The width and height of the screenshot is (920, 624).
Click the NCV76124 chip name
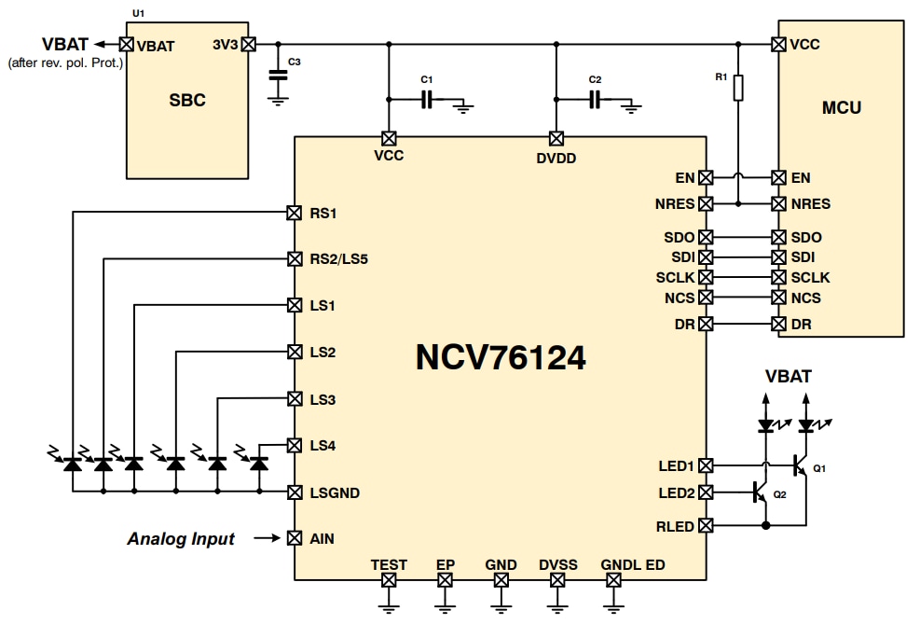501,356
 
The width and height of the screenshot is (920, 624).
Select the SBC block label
187,101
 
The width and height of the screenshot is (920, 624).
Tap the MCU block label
841,107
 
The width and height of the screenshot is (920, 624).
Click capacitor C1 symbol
427,99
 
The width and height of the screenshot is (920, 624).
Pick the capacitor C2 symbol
595,99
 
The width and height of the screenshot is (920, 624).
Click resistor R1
737,88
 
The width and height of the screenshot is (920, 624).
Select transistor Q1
799,463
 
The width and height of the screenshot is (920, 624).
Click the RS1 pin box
295,213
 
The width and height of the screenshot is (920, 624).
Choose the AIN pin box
295,538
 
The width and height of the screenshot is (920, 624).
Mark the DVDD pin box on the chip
556,138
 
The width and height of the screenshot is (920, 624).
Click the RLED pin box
706,526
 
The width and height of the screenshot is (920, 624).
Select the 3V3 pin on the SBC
248,44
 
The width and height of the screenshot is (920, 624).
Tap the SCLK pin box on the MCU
778,277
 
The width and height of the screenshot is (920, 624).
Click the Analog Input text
181,539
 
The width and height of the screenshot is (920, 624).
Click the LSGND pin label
335,492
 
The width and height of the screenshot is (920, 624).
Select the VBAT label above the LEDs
788,377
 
